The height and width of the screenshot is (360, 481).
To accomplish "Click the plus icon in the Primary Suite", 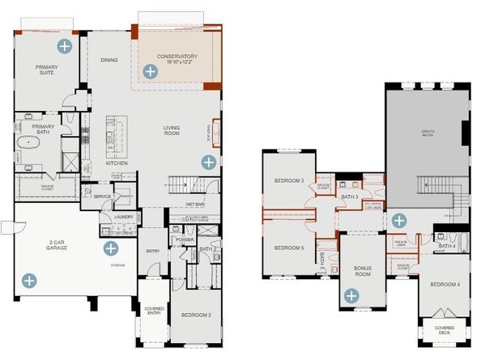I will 63,46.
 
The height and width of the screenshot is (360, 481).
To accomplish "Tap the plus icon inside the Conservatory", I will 149,72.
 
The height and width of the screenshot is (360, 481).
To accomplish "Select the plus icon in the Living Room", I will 208,162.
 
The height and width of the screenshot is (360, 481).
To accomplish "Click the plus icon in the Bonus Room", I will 351,296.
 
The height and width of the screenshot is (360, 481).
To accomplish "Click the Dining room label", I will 109,60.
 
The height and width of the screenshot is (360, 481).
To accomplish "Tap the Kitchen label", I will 117,163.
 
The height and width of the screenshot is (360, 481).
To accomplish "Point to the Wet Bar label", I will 193,205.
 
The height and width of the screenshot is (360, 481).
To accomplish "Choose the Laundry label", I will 123,217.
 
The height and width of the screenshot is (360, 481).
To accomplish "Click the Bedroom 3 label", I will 290,180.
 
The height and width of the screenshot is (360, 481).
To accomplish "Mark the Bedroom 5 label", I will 289,248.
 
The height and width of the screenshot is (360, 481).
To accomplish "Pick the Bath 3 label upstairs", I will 348,197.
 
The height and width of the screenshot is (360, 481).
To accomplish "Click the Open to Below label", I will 427,133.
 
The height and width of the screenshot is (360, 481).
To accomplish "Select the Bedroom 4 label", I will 445,284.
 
